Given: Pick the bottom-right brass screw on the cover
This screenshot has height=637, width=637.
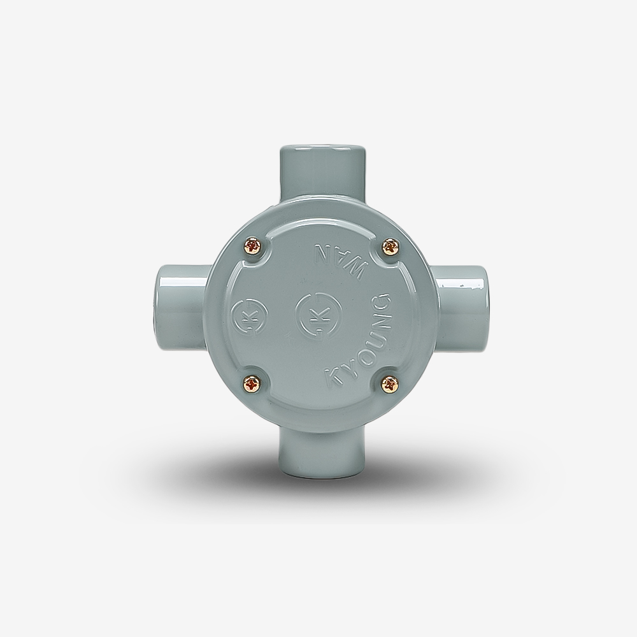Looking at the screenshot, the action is pos(391,384).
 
